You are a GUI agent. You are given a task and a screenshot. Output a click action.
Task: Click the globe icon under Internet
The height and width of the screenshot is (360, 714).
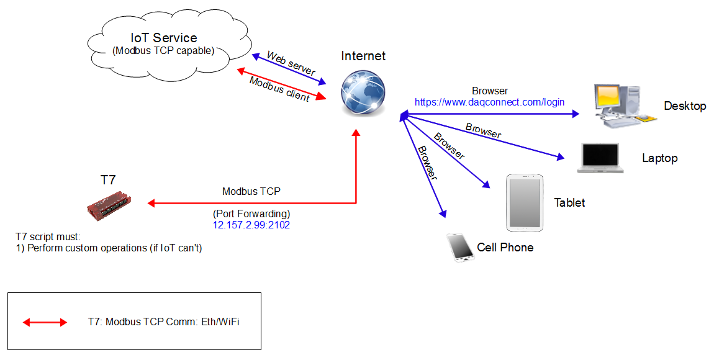pyautogui.click(x=363, y=91)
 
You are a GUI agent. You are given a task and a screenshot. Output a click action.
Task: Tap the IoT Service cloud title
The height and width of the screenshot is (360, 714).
pyautogui.click(x=164, y=38)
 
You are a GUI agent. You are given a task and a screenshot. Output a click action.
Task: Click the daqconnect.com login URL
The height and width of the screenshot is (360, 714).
pyautogui.click(x=490, y=102)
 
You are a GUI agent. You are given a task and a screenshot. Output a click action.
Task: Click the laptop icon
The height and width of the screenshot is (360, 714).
pyautogui.click(x=600, y=158)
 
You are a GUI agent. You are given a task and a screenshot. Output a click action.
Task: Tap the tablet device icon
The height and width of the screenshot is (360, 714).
pyautogui.click(x=525, y=202)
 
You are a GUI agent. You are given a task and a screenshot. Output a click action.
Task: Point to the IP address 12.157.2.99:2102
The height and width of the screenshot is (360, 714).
pyautogui.click(x=251, y=225)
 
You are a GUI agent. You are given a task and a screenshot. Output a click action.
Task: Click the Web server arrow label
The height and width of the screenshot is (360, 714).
pyautogui.click(x=291, y=64)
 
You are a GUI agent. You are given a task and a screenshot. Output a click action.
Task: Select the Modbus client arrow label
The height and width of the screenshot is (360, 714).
pyautogui.click(x=279, y=89)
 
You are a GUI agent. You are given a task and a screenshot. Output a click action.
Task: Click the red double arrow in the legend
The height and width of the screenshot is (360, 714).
pyautogui.click(x=45, y=322)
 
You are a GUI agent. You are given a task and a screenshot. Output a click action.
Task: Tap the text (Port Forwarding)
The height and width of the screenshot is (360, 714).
pyautogui.click(x=251, y=214)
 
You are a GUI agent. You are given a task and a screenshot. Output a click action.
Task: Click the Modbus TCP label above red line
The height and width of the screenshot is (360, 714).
pyautogui.click(x=251, y=192)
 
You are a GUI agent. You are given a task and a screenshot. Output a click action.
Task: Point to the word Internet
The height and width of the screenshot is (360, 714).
pyautogui.click(x=363, y=56)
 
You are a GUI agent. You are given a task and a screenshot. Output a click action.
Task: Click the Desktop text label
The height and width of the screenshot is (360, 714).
pyautogui.click(x=685, y=106)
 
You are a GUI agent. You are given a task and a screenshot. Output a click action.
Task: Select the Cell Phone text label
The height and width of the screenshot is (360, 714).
pyautogui.click(x=505, y=248)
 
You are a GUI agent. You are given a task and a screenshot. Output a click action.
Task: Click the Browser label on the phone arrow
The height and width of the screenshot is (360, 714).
pyautogui.click(x=428, y=163)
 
